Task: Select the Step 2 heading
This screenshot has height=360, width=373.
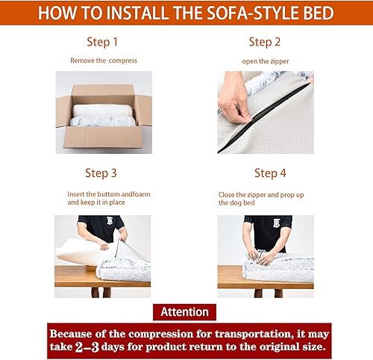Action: click(265, 43)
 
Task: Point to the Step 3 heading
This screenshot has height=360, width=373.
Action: click(101, 173)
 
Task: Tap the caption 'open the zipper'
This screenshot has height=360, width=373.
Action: click(265, 60)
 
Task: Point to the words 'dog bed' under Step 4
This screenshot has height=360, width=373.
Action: click(233, 202)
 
